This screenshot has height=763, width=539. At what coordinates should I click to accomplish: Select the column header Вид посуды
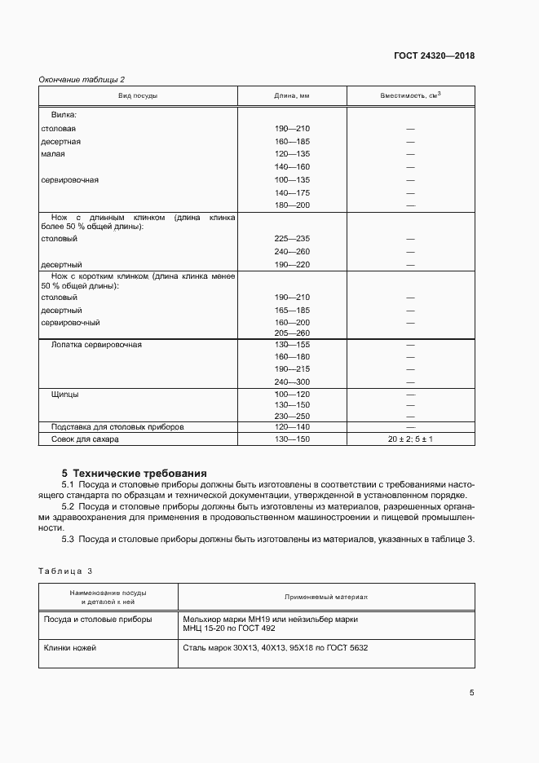coord(138,96)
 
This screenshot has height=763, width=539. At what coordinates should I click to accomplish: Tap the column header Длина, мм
coord(292,96)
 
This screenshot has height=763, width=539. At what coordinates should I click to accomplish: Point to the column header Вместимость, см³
coord(410,96)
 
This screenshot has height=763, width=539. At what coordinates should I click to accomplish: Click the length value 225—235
coord(292,238)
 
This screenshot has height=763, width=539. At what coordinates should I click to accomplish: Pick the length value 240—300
coord(292,382)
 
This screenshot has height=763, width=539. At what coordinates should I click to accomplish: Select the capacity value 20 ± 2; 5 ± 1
coord(410,439)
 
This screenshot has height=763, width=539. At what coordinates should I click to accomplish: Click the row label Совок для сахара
coord(85,439)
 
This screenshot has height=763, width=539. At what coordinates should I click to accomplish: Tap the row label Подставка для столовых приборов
coord(117,426)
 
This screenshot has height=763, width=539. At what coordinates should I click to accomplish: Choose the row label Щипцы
coord(65,394)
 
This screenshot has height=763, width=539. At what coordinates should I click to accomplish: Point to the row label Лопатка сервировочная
coord(96,345)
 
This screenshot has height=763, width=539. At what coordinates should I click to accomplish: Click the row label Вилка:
coord(64,116)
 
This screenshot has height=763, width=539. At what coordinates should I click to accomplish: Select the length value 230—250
coord(292,416)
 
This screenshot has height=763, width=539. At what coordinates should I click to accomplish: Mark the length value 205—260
coord(292,333)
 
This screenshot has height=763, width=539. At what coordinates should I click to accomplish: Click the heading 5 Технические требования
coord(135,473)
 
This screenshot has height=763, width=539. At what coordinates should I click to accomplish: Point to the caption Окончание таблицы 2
coord(82,79)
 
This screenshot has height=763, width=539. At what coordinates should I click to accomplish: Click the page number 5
coord(471,693)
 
